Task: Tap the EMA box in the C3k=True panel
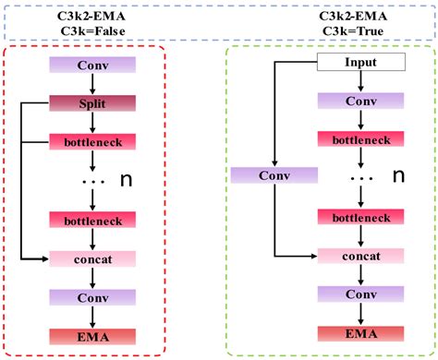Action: point(361,330)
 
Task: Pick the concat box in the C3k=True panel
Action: point(361,254)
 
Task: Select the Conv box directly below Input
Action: point(361,101)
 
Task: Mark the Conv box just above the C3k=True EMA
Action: point(361,293)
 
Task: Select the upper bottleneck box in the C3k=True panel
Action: point(361,138)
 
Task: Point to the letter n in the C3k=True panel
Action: point(400,174)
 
